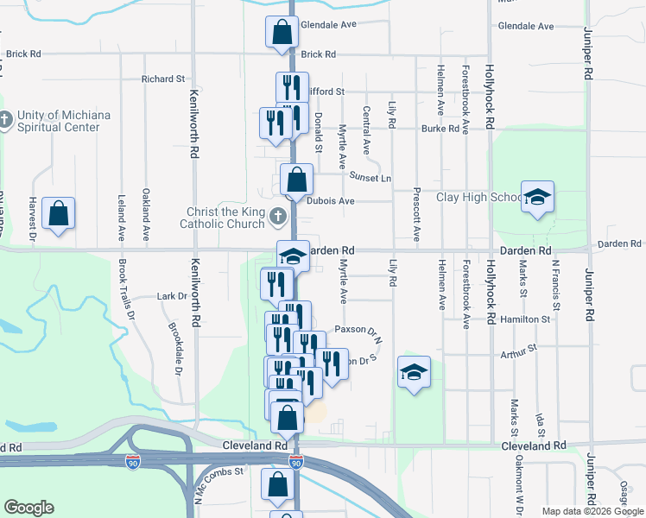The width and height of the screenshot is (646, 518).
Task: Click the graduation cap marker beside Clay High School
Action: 537,198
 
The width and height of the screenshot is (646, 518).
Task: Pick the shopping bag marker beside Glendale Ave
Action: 282,34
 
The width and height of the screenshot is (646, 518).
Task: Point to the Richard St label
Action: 163,79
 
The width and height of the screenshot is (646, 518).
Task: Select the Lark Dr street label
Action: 173,296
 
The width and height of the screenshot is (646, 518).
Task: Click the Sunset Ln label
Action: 370,177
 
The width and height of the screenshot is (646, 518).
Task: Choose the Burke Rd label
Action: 440,129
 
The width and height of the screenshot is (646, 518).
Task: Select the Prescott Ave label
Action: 417,215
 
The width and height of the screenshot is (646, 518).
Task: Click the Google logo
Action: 28,508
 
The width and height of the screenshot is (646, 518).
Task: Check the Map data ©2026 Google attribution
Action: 592,511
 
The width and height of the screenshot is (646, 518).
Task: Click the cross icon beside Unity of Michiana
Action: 6,118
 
